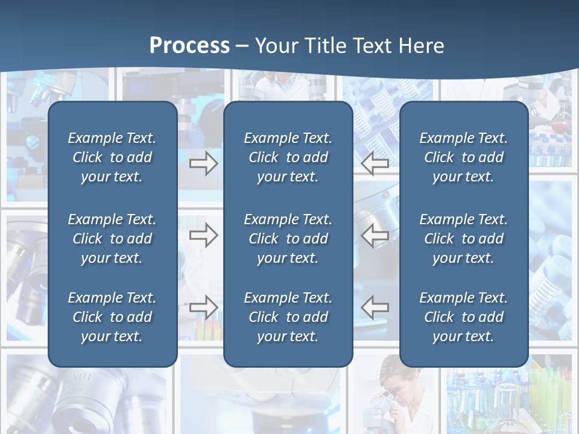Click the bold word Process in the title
tap(189, 46)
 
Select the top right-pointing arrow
tap(203, 163)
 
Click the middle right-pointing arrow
tap(203, 236)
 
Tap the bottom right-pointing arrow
tap(203, 307)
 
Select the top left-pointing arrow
tap(375, 163)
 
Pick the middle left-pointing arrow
tap(375, 236)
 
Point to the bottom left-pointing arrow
tap(375, 307)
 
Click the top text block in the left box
tap(112, 157)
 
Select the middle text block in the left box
tap(112, 239)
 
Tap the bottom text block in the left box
tap(112, 317)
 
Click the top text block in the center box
tap(288, 157)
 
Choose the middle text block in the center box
tap(288, 239)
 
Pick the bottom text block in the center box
tap(288, 317)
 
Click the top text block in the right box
tap(463, 157)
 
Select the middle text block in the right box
tap(463, 239)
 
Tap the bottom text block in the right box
tap(463, 317)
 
